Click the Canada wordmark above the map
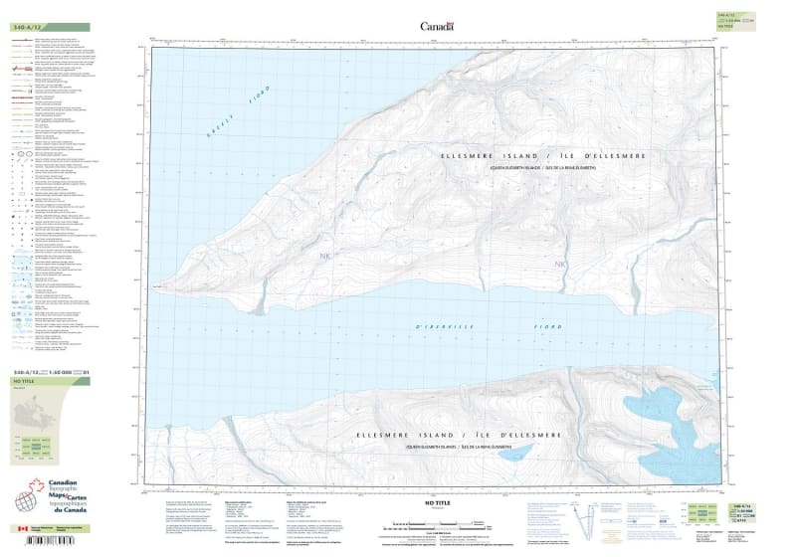pos(437,26)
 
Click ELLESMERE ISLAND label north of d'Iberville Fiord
pos(542,157)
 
